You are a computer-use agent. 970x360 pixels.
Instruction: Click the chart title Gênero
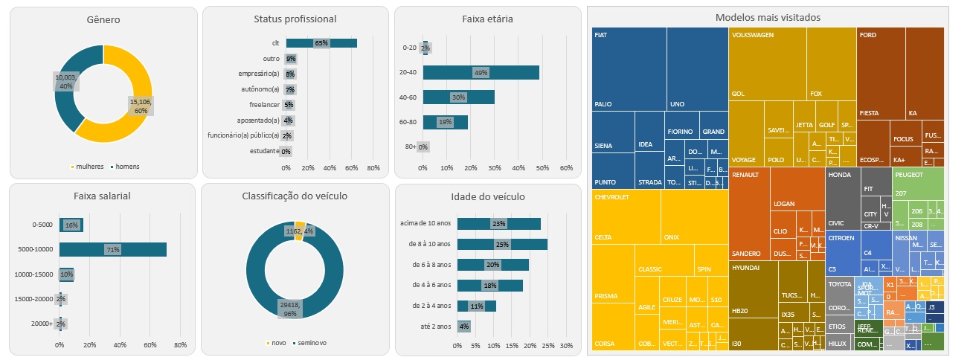103,19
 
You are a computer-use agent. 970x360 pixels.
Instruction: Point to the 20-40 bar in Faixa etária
481,72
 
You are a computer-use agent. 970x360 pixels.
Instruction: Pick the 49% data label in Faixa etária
481,72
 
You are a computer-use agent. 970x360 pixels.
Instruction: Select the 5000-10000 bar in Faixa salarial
113,250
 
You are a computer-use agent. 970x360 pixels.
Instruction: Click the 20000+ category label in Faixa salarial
42,324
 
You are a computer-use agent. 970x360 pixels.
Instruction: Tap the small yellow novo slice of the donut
300,226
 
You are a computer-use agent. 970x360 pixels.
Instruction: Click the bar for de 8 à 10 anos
502,245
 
